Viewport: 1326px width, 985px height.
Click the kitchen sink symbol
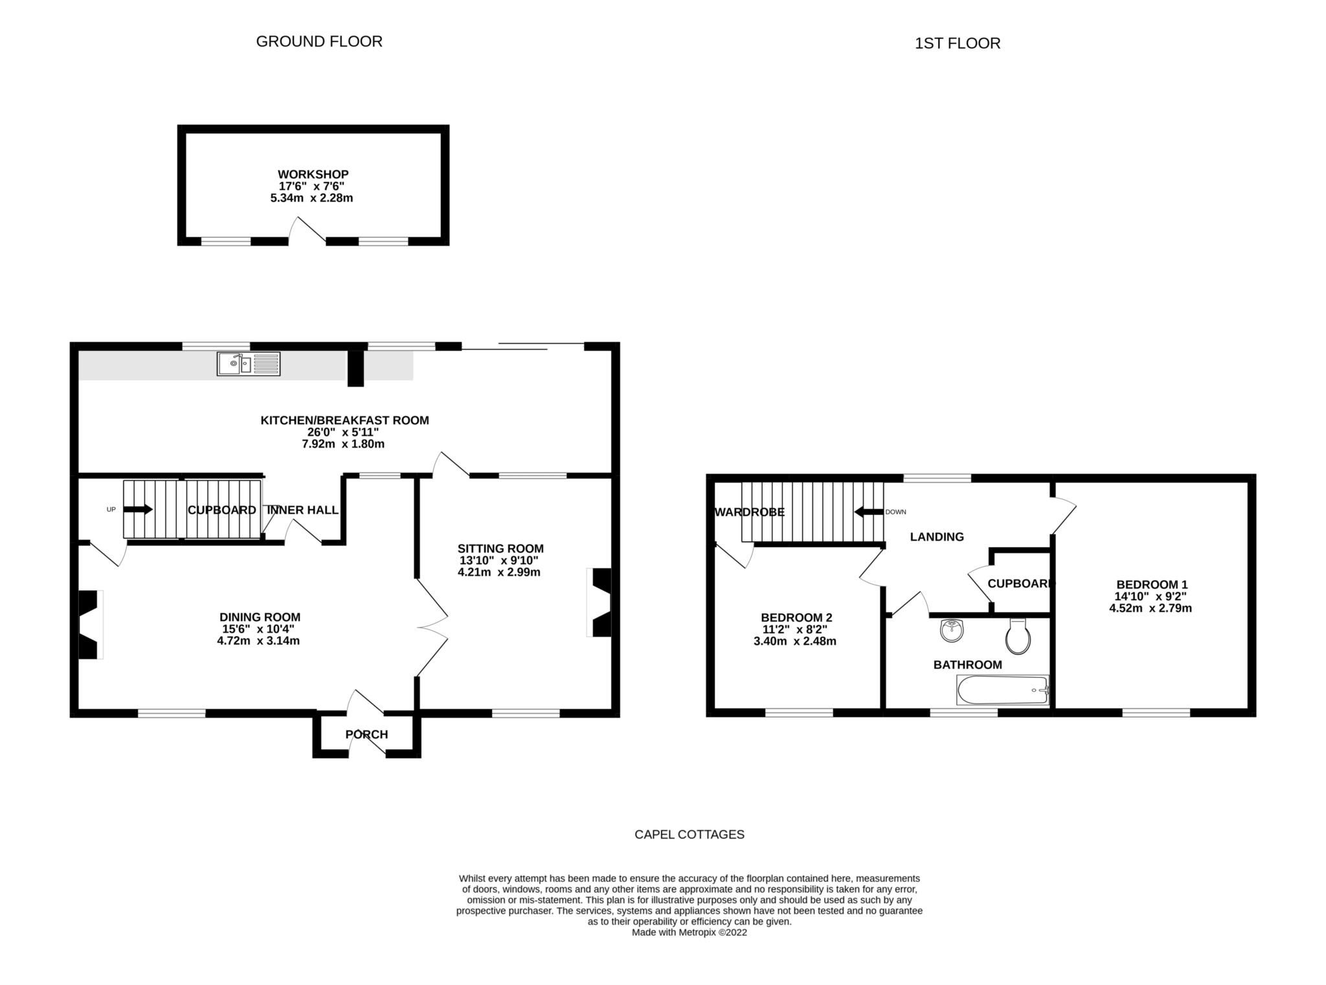(x=249, y=364)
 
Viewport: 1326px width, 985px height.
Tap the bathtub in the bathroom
(x=1002, y=690)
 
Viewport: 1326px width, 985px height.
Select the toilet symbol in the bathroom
(x=1018, y=637)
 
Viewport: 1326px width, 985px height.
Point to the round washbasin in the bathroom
(x=952, y=630)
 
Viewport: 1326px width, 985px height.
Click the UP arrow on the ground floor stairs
(x=138, y=510)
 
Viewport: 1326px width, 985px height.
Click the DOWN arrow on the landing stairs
(x=869, y=512)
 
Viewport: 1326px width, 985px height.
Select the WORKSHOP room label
(x=313, y=174)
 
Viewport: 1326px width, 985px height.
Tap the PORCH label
(x=366, y=734)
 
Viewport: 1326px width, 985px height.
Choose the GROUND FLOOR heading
(x=319, y=41)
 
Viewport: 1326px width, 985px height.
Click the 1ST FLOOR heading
(x=957, y=43)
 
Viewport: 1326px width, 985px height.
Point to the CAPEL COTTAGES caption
(x=689, y=835)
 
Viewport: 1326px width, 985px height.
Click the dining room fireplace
(x=89, y=625)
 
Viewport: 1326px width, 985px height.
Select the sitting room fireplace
(x=600, y=603)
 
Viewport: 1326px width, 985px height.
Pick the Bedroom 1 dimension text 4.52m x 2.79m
(x=1150, y=609)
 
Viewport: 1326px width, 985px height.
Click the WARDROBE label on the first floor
(x=749, y=512)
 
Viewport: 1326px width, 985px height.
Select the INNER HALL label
(x=302, y=510)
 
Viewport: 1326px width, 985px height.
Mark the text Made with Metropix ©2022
(x=689, y=933)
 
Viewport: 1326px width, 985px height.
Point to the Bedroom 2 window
(x=799, y=713)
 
